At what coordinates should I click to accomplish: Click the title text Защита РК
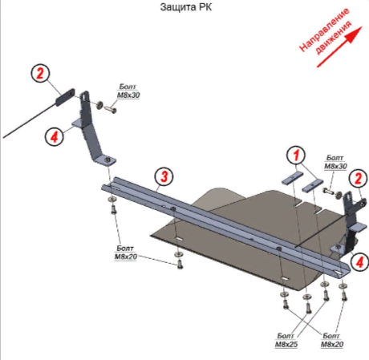(x=186, y=7)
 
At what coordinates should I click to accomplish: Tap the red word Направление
(x=324, y=30)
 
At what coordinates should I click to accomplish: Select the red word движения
(x=334, y=38)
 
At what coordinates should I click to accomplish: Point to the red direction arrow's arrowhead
(x=355, y=34)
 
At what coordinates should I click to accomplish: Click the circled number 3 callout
(x=164, y=176)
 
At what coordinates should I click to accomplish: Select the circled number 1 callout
(x=295, y=155)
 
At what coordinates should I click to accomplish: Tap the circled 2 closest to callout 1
(x=358, y=178)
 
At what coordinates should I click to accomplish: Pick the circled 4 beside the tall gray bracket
(x=55, y=137)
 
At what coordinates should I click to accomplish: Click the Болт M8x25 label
(x=286, y=340)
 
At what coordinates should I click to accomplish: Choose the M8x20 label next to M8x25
(x=332, y=340)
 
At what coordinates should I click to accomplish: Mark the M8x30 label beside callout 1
(x=335, y=162)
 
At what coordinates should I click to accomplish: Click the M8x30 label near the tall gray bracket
(x=128, y=91)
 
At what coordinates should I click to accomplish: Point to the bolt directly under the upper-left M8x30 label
(x=111, y=109)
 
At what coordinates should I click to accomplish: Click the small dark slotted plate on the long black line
(x=65, y=97)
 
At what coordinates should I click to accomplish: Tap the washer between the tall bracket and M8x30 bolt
(x=99, y=104)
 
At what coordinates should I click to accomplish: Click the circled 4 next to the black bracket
(x=359, y=262)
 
